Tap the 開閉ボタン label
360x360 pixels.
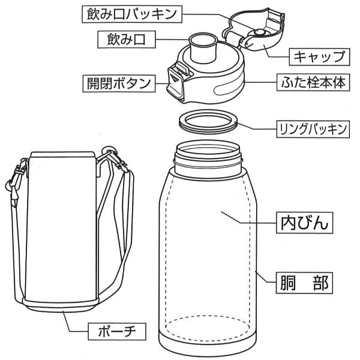point(118,83)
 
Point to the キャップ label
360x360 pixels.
point(319,58)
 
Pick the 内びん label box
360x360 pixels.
point(304,224)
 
